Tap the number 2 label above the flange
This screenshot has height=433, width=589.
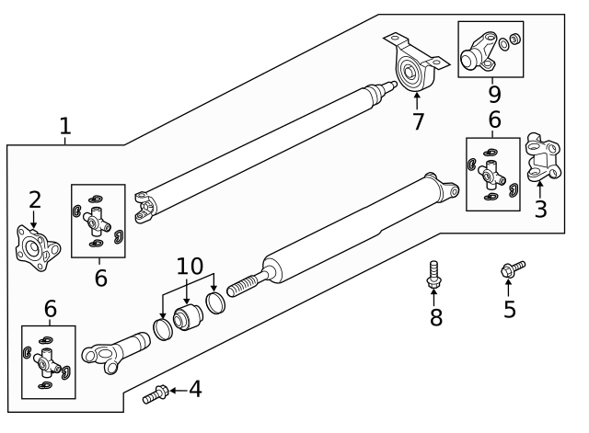(x=34, y=199)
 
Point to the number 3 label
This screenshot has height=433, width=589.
(x=541, y=209)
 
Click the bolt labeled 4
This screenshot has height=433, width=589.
(x=156, y=395)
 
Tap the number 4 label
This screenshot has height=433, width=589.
(x=194, y=390)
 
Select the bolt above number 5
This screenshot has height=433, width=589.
(x=511, y=269)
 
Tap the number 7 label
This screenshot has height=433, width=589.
(x=418, y=120)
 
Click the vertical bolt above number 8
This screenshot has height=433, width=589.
(x=433, y=274)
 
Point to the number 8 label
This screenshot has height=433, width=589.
(x=436, y=317)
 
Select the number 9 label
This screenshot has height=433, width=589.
(x=494, y=94)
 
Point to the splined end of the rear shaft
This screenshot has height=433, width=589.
(x=241, y=287)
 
